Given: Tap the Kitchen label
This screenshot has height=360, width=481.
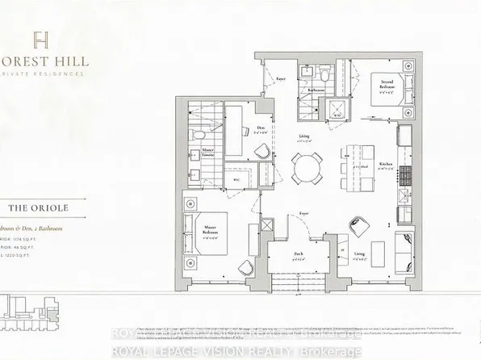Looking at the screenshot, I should click(x=386, y=164).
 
